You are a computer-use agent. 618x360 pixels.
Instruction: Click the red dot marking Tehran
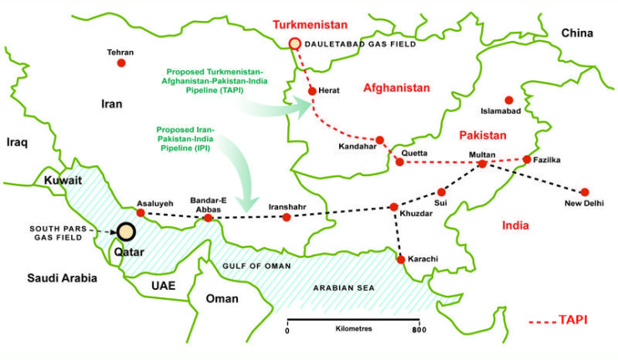coord(121,63)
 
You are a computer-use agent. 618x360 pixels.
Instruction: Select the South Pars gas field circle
coord(126,231)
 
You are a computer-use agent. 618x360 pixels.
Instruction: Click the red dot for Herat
coord(312,90)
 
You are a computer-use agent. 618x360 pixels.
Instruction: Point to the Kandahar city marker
coord(380,140)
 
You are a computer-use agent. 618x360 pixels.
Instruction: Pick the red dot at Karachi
coord(402,260)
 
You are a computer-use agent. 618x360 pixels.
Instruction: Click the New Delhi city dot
coord(585,192)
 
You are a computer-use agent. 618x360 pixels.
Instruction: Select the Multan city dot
coord(482,164)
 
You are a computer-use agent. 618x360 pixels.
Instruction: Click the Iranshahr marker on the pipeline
coord(286,217)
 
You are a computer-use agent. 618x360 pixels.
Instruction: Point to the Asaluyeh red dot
coord(140,212)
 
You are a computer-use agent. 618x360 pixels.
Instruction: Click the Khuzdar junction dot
coord(393,206)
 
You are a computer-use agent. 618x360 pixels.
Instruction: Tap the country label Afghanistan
coord(397,88)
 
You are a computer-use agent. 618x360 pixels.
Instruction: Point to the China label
coord(576,33)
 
